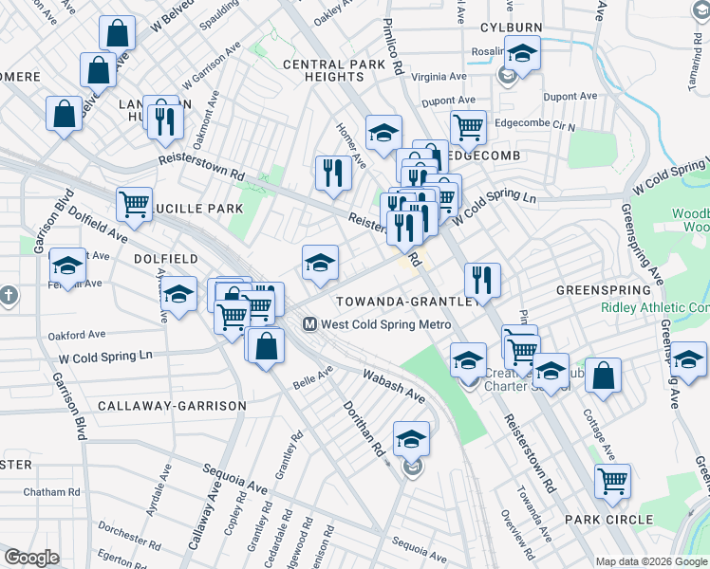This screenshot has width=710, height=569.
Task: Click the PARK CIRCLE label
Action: pyautogui.click(x=608, y=519)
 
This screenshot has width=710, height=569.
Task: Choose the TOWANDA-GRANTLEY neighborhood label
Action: pyautogui.click(x=407, y=301)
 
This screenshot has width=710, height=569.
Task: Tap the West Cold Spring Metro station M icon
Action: pyautogui.click(x=309, y=324)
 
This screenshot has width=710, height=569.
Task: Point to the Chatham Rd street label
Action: pyautogui.click(x=53, y=492)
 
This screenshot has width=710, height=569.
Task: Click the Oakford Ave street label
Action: pyautogui.click(x=77, y=335)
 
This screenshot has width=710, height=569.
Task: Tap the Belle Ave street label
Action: pyautogui.click(x=313, y=381)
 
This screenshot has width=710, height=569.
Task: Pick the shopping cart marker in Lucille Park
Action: pyautogui.click(x=135, y=203)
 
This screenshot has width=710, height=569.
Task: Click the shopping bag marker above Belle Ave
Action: pyautogui.click(x=268, y=346)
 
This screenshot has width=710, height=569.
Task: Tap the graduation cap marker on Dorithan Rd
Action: pyautogui.click(x=411, y=440)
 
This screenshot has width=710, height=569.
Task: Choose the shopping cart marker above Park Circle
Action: pyautogui.click(x=613, y=481)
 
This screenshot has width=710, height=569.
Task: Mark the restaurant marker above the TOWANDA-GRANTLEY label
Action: pyautogui.click(x=482, y=280)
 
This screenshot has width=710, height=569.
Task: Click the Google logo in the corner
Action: pyautogui.click(x=31, y=559)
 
